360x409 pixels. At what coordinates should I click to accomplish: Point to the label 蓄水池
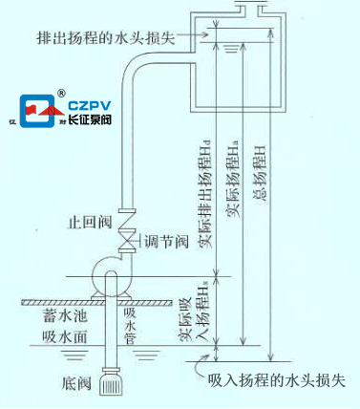(60, 312)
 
